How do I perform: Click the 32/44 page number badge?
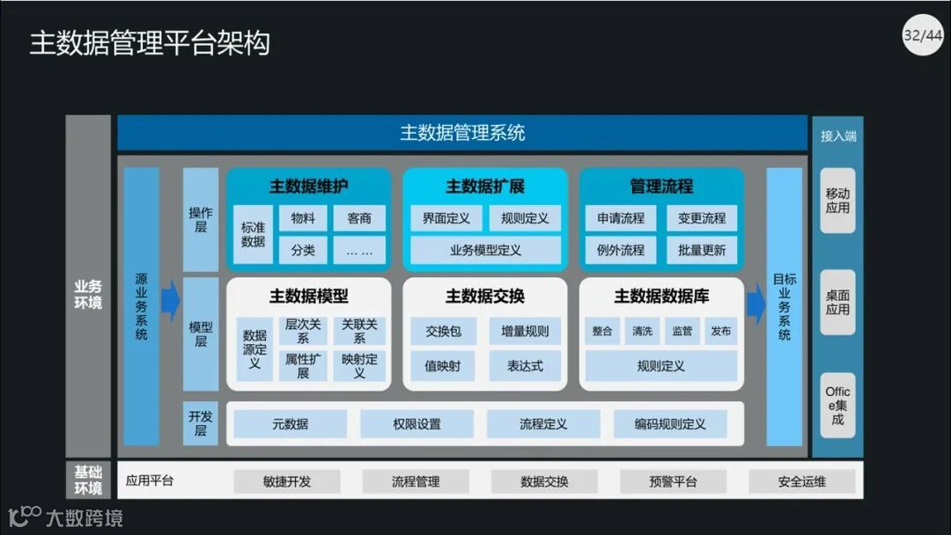[x=922, y=36]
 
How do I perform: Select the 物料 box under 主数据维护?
[x=303, y=218]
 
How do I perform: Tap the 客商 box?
[x=359, y=218]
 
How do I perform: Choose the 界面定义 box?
[x=446, y=218]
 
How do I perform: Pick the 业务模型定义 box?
[x=485, y=250]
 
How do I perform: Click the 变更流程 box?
[x=702, y=218]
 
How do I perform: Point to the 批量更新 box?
[x=702, y=250]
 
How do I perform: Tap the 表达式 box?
[x=525, y=365]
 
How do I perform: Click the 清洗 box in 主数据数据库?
[x=642, y=332]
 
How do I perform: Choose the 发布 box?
[x=720, y=332]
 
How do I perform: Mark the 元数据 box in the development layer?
[x=291, y=424]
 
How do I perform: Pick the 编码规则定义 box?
[x=670, y=424]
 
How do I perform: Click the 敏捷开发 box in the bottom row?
[x=287, y=482]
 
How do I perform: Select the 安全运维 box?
[x=801, y=482]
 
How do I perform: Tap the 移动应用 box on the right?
[x=837, y=201]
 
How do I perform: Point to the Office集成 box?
[x=837, y=405]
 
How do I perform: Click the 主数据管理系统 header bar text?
[x=462, y=133]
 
